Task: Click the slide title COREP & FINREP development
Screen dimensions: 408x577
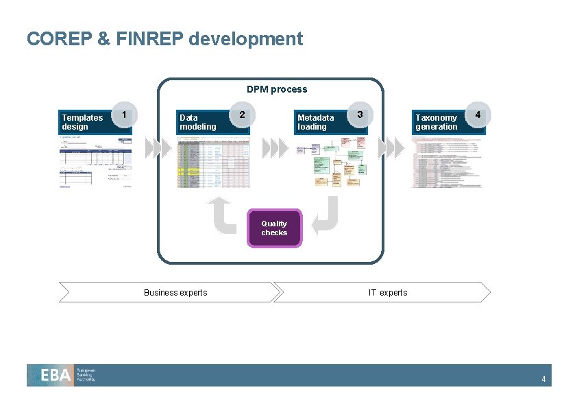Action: [164, 38]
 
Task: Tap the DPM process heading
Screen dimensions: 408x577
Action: [277, 89]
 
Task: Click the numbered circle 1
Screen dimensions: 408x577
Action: [123, 114]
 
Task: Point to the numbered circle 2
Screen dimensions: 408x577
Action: [241, 114]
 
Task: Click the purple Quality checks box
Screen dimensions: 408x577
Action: [274, 228]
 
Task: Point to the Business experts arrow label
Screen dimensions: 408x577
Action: [175, 293]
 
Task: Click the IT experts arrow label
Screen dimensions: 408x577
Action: [388, 293]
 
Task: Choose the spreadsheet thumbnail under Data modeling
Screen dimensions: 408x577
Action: [213, 162]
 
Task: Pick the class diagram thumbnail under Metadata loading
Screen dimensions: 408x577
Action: [332, 162]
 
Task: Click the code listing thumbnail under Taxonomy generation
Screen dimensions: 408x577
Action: [446, 162]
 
